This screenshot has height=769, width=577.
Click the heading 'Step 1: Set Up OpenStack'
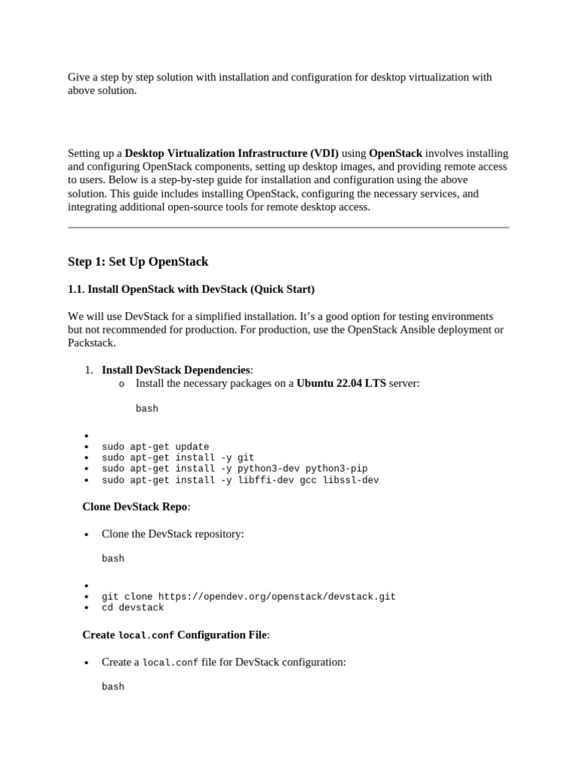(x=137, y=262)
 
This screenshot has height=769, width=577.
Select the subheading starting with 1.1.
(x=191, y=289)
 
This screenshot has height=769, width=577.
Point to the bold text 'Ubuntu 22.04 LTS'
(x=341, y=383)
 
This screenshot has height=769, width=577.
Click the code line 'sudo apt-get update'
(x=156, y=447)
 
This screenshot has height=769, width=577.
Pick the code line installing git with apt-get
(x=178, y=457)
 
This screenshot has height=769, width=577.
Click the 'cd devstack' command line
(x=133, y=608)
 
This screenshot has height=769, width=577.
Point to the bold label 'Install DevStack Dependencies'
(x=176, y=369)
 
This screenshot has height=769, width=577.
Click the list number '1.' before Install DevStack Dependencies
(x=88, y=369)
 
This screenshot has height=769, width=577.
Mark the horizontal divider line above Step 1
(x=288, y=228)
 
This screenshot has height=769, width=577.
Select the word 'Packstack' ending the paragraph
(x=91, y=343)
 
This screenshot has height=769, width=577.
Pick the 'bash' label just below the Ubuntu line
(x=147, y=409)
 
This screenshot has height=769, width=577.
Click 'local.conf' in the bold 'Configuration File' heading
(x=147, y=635)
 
